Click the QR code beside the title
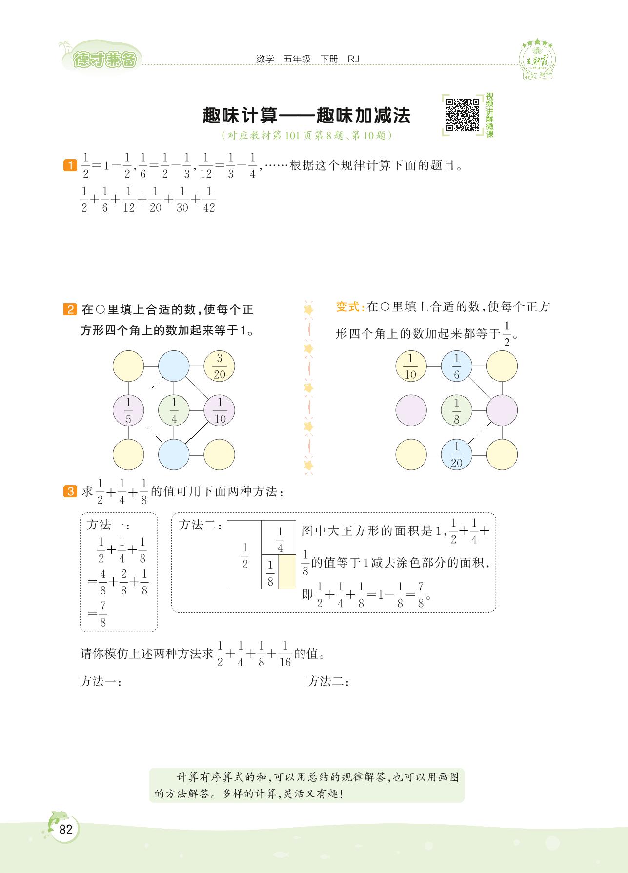point(463,115)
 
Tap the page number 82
point(65,830)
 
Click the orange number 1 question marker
point(70,165)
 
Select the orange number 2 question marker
point(70,310)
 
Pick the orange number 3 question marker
point(70,491)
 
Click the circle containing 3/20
point(219,366)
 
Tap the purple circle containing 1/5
point(128,410)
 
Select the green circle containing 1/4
point(174,410)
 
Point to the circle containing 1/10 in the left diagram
point(219,410)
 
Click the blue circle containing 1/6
point(456,366)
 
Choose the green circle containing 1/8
point(456,410)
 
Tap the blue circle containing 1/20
point(456,454)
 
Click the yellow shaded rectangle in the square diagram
point(287,572)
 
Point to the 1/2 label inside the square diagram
point(245,556)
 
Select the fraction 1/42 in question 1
point(208,200)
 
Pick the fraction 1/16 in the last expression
point(285,654)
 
